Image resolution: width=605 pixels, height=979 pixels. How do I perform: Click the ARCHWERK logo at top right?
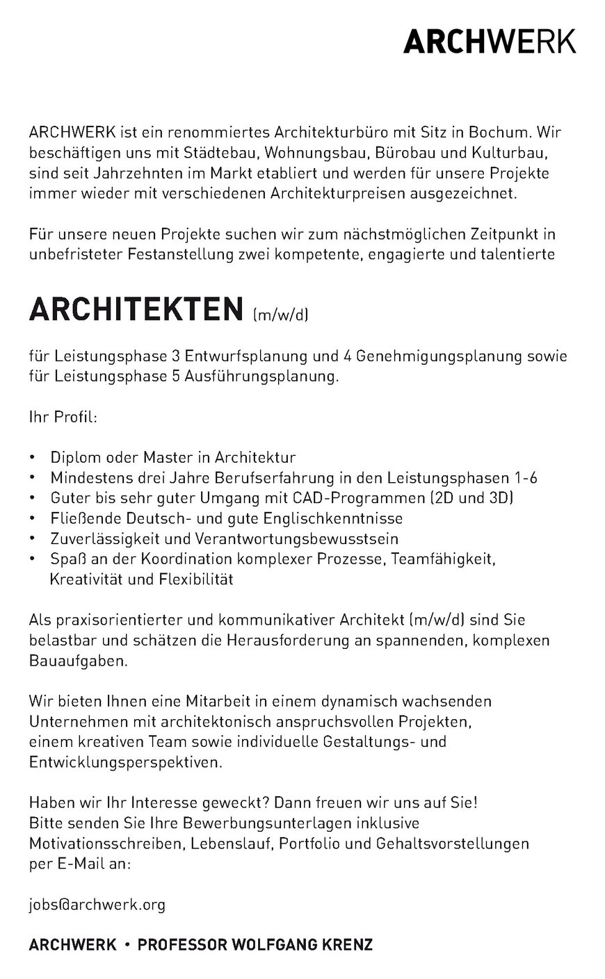[x=490, y=42]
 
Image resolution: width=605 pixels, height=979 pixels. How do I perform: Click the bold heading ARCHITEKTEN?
[x=135, y=310]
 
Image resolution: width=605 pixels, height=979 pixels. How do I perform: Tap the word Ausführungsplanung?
[x=261, y=377]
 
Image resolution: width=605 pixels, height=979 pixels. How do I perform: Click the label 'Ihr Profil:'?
[x=63, y=418]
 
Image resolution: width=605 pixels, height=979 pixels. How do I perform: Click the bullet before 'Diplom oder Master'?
[x=33, y=459]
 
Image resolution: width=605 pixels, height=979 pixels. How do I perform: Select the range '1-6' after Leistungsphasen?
[x=524, y=478]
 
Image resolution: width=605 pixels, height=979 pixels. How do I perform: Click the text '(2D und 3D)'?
[x=471, y=498]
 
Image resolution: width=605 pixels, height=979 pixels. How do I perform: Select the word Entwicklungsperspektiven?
[x=127, y=762]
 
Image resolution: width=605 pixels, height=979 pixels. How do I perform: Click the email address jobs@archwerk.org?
[x=97, y=904]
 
